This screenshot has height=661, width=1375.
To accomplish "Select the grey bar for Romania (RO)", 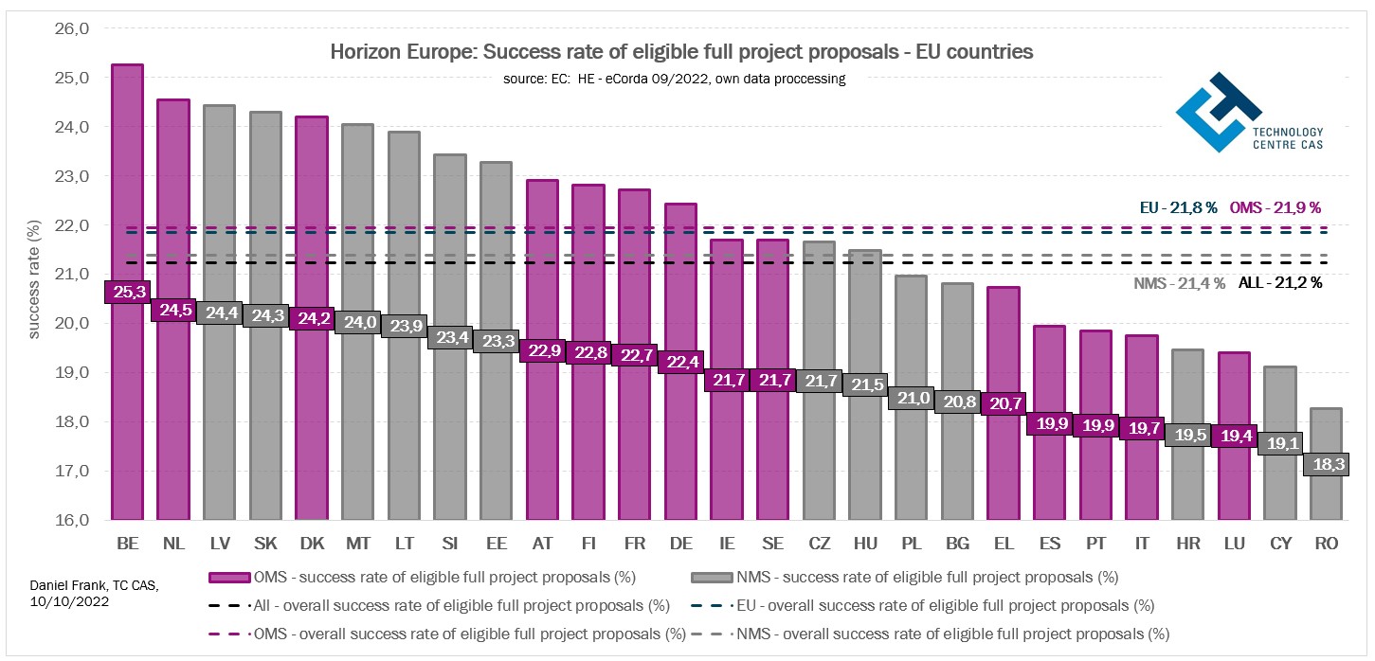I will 1326,492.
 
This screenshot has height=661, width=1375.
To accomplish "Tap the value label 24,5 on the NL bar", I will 173,310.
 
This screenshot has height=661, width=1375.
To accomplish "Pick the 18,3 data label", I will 1326,464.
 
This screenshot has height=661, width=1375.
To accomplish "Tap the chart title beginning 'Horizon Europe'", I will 681,52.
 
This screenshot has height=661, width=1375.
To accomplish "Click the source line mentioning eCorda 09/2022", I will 674,79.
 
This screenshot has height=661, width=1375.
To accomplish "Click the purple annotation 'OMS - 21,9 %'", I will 1275,206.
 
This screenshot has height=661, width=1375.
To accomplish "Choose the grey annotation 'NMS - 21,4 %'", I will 1179,282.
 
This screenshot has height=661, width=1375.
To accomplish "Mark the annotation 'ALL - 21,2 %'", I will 1279,282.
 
